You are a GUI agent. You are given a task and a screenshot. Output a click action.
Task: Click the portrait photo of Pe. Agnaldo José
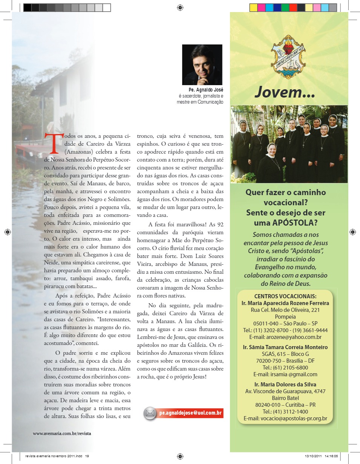202,64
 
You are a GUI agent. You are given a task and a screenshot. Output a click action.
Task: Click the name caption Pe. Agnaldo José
206,90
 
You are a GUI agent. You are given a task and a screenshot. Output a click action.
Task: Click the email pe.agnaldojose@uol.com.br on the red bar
190,413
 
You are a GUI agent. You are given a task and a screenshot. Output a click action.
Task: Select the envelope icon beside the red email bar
150,413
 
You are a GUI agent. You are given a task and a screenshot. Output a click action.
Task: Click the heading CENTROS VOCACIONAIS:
285,296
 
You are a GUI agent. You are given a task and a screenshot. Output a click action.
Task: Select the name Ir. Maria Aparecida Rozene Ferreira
285,303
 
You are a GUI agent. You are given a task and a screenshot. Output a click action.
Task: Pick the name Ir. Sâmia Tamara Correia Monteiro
285,347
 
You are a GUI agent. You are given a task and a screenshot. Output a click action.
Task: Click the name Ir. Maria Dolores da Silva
285,385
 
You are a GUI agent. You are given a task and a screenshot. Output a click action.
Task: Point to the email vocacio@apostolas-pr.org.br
285,418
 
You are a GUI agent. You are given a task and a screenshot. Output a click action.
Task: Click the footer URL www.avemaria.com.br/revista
62,433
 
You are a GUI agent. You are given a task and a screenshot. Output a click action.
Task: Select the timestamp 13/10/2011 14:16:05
321,456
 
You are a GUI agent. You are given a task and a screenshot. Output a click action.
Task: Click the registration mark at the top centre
180,7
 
